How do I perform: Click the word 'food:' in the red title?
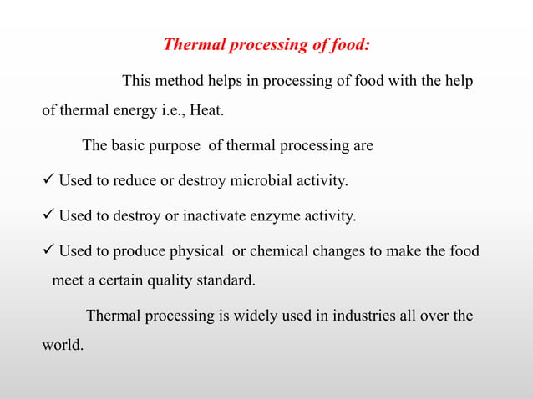click(x=345, y=44)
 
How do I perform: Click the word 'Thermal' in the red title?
click(x=191, y=44)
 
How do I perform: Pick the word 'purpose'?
click(x=177, y=145)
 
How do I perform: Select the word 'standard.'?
click(x=226, y=280)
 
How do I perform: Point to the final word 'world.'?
click(x=63, y=344)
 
